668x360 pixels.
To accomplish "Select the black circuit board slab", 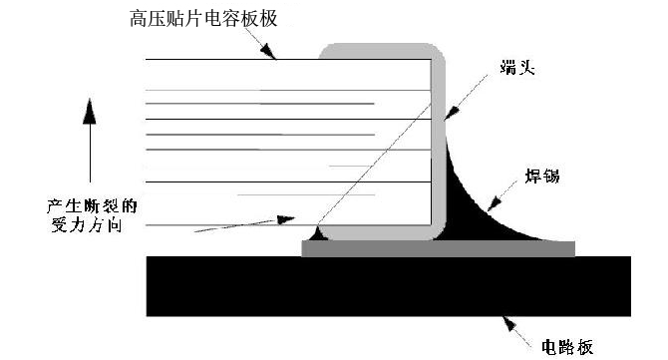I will [x=389, y=286].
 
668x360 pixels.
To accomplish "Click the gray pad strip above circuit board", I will [x=439, y=248].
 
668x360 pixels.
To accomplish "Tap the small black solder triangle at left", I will [x=318, y=235].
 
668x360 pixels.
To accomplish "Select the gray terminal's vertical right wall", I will [x=438, y=150].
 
